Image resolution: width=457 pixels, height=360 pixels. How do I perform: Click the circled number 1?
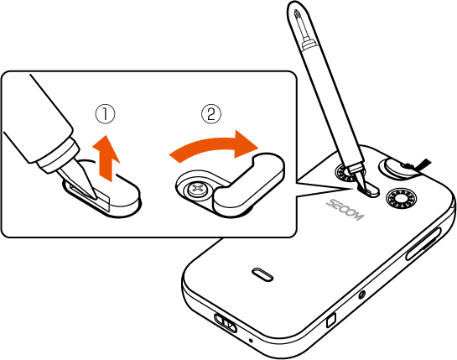[106, 114]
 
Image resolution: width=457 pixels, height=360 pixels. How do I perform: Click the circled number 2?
[211, 114]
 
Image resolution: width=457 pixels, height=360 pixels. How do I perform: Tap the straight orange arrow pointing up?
[106, 158]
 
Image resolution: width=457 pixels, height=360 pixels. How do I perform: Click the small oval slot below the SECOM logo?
[262, 274]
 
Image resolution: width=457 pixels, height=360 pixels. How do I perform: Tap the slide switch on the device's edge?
[226, 322]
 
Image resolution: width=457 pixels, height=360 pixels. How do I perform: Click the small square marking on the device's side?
[331, 320]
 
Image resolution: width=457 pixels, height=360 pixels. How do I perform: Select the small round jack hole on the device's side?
[362, 295]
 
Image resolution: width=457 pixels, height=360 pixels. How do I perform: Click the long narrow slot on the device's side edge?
[423, 244]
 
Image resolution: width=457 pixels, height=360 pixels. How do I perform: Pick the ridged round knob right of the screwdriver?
[401, 199]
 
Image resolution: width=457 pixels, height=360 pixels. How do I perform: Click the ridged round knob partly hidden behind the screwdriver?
[345, 173]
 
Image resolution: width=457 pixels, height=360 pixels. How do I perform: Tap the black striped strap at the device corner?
[423, 164]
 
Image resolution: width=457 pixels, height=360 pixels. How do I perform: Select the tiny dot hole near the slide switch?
[251, 341]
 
